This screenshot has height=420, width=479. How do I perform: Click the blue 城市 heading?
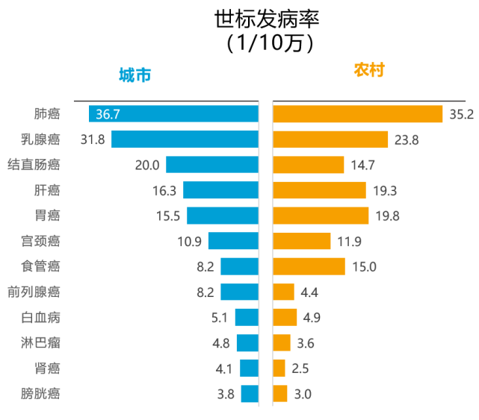click(135, 75)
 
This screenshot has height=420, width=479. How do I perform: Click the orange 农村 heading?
click(368, 70)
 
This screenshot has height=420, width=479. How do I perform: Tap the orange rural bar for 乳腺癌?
click(330, 140)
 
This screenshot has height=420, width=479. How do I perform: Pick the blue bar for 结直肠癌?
click(211, 165)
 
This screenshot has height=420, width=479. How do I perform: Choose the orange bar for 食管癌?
click(309, 266)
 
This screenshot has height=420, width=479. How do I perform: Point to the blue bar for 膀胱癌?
click(249, 394)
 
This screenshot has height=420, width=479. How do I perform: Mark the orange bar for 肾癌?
click(279, 369)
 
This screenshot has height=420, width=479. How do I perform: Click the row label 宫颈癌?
click(40, 241)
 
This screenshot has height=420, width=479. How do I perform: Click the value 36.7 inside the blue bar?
click(108, 114)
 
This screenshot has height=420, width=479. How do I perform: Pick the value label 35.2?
click(461, 115)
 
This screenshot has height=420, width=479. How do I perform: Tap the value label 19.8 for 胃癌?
click(386, 216)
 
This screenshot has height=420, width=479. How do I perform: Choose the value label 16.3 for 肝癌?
click(164, 191)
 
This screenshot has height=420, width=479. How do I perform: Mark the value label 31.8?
click(93, 140)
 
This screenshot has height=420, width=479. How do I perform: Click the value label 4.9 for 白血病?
click(312, 318)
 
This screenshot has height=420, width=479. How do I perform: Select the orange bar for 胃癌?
click(321, 216)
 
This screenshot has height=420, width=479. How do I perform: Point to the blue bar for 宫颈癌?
click(232, 241)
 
